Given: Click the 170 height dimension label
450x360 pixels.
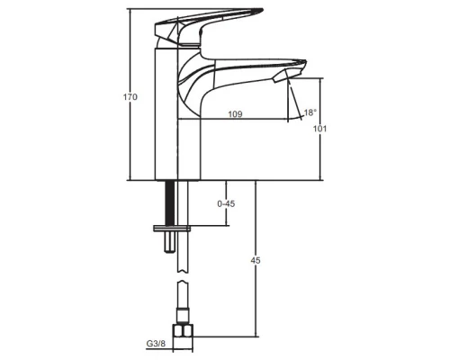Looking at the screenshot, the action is (130, 97).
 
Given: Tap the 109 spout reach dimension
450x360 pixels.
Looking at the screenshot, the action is (235, 114).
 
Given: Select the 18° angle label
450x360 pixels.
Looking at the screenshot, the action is (310, 112).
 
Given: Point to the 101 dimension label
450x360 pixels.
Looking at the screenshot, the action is (319, 129).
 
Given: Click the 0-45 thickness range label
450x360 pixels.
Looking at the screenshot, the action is (226, 204).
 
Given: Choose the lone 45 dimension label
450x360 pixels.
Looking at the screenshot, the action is (256, 261).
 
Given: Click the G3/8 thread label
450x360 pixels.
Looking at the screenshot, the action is (156, 344).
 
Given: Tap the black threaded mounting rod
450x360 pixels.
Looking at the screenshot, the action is (170, 202).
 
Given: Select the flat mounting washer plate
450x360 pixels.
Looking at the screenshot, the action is (172, 229).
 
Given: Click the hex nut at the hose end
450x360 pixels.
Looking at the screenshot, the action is (184, 331).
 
